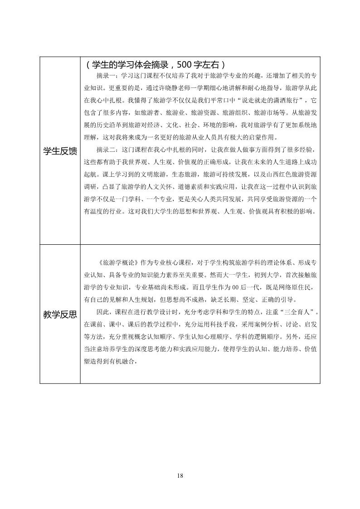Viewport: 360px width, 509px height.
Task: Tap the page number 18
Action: click(x=180, y=475)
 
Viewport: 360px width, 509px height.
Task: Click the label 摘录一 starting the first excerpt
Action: click(x=107, y=75)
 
